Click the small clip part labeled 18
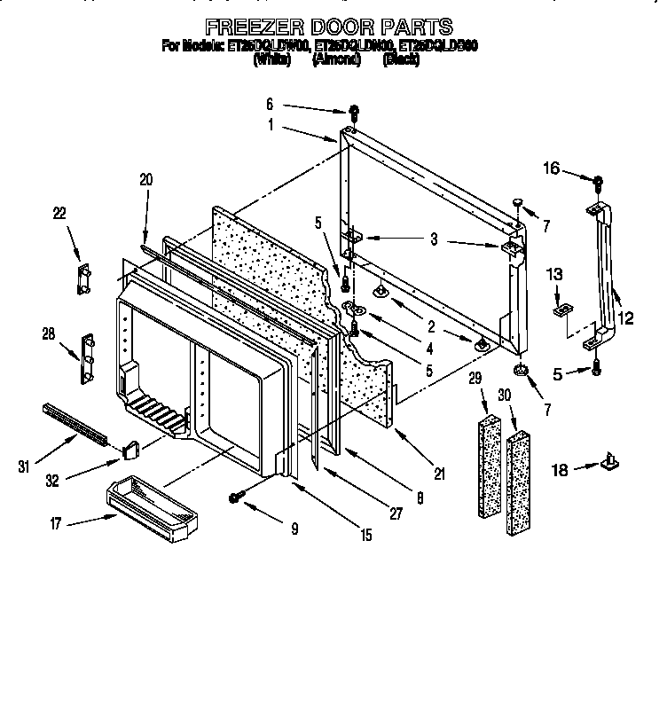608,461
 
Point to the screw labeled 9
238,498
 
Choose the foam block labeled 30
517,484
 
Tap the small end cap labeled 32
131,450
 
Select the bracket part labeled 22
84,278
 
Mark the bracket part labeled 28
87,357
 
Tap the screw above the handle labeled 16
598,184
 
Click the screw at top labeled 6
353,112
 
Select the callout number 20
146,180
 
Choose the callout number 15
366,534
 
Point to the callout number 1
270,125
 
